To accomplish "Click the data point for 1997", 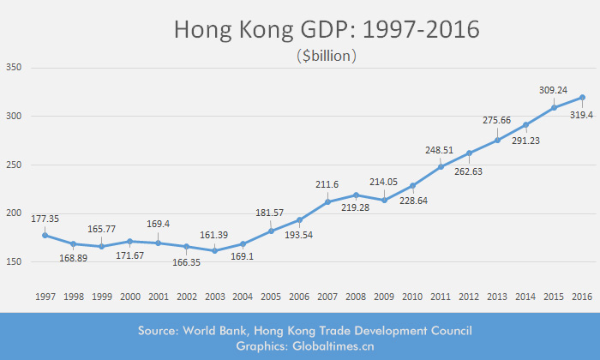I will pyautogui.click(x=45, y=235).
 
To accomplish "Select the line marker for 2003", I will pyautogui.click(x=214, y=250).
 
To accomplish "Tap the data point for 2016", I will pyautogui.click(x=582, y=98).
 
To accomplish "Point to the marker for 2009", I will pyautogui.click(x=384, y=200).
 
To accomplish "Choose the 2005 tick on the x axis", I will pyautogui.click(x=271, y=296).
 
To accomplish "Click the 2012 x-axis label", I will pyautogui.click(x=469, y=296).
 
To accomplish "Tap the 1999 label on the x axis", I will pyautogui.click(x=102, y=296).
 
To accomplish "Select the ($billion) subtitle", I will pyautogui.click(x=326, y=57).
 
